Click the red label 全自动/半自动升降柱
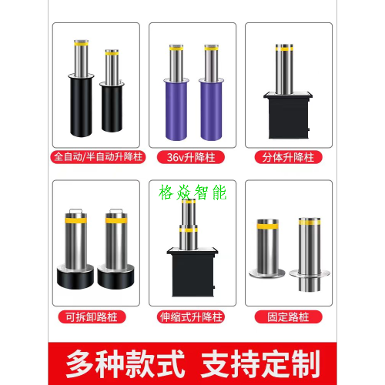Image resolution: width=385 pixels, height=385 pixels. [x=98, y=157]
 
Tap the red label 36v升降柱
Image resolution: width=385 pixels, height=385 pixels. [x=191, y=157]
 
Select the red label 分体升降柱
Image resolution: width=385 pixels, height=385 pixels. [x=288, y=157]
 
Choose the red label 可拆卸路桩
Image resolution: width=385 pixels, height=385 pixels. [x=92, y=316]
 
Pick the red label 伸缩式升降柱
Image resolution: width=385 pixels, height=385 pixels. [x=191, y=316]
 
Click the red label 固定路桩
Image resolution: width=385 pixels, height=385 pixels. [x=288, y=316]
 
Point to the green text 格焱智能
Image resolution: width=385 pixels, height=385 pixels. [x=192, y=192]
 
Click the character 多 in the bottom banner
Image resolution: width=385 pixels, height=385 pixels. [x=80, y=363]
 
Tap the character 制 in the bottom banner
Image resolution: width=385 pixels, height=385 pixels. [x=305, y=363]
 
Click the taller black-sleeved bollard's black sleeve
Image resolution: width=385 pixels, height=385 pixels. [x=81, y=106]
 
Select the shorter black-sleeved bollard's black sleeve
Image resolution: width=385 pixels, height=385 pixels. [x=112, y=109]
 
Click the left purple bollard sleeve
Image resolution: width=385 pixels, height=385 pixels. [x=176, y=111]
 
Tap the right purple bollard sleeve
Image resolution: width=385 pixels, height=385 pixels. [x=211, y=111]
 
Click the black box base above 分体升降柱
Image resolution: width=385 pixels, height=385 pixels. [x=289, y=118]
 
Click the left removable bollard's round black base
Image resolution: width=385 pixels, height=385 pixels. [x=75, y=278]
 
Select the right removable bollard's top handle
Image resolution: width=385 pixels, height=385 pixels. [x=115, y=211]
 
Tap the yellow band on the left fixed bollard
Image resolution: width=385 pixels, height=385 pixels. [x=268, y=226]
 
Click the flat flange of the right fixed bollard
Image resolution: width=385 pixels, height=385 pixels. [x=310, y=273]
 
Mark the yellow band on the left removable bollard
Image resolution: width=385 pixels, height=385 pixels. [x=75, y=221]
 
